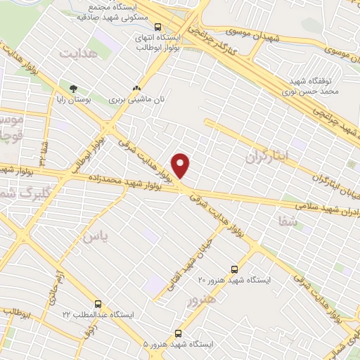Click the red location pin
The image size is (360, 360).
tap(181, 165)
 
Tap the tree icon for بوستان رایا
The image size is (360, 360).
tap(73, 89)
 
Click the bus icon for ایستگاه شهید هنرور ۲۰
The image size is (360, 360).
tap(235, 269)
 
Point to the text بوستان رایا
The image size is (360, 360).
tap(72, 101)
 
